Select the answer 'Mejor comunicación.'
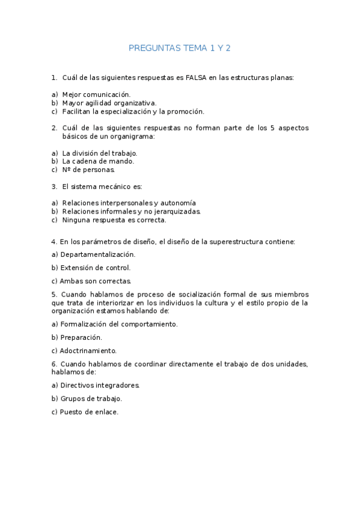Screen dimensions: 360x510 (96, 94)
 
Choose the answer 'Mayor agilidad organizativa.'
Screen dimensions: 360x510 (109, 103)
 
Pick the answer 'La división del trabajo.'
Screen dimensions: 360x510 (100, 153)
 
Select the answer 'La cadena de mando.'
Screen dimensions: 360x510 (98, 161)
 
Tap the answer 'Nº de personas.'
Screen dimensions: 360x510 (88, 170)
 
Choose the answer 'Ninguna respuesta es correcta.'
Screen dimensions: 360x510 (114, 220)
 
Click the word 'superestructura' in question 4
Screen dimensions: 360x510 (231, 242)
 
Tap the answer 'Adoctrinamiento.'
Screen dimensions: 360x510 (88, 351)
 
